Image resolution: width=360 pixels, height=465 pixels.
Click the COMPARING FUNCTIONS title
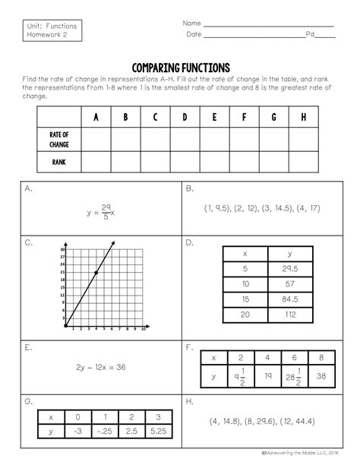180,68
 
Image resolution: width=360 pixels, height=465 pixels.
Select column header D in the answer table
184,117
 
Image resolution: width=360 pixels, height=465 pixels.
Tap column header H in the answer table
303,117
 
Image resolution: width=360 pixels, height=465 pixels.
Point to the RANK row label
58,162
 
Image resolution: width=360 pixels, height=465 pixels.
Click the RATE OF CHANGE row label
58,139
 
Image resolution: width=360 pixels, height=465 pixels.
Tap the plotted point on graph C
96,272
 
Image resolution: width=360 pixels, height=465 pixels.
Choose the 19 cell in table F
267,375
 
